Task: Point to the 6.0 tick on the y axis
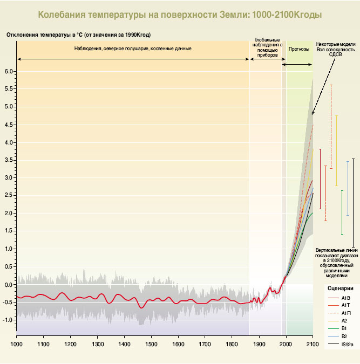[x=9, y=71]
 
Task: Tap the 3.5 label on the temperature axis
[x=9, y=160]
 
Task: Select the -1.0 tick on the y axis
[x=8, y=320]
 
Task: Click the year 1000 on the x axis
[x=17, y=343]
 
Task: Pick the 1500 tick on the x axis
[x=151, y=343]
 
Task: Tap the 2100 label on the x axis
[x=313, y=343]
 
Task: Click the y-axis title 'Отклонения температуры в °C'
[x=79, y=35]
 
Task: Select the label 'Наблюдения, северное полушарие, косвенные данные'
[x=133, y=49]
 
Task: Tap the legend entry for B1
[x=344, y=328]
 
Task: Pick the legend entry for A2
[x=344, y=320]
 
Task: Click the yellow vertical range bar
[x=337, y=151]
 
